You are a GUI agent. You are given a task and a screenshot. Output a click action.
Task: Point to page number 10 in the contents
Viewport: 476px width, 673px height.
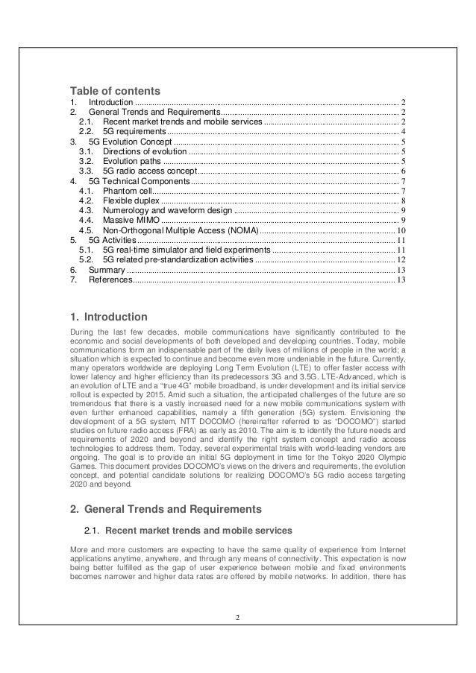point(401,230)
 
